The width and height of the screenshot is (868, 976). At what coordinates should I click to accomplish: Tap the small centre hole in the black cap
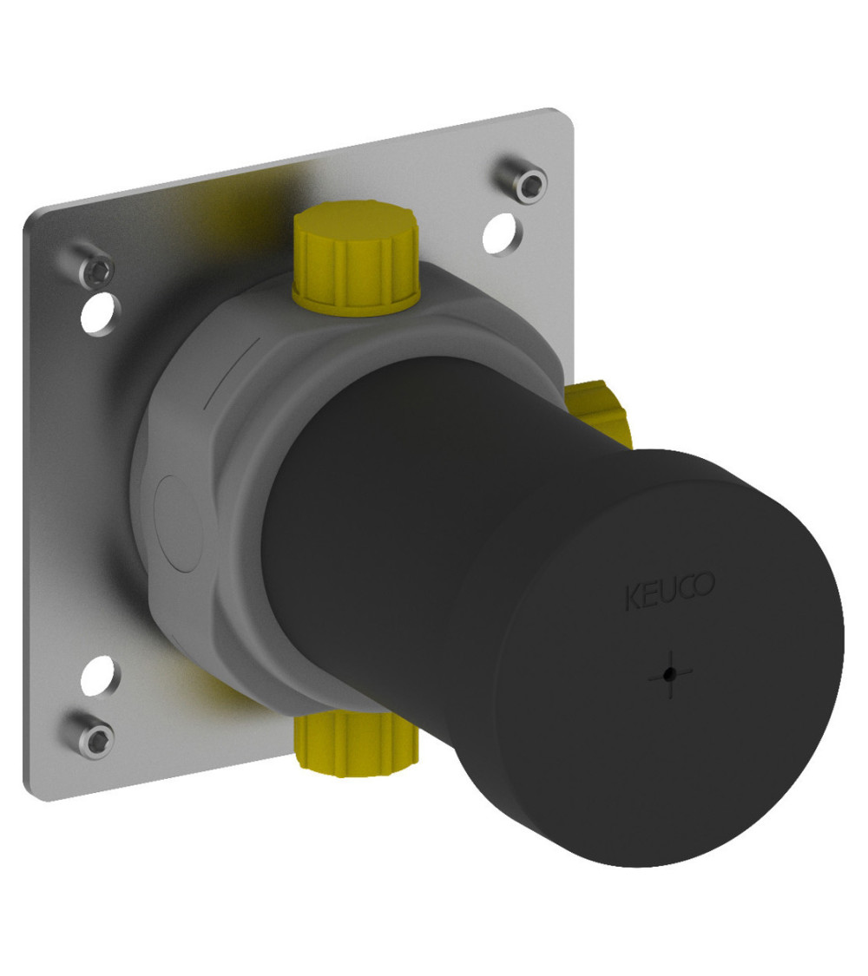pos(669,673)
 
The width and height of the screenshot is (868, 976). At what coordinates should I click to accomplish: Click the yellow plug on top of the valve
pos(356,259)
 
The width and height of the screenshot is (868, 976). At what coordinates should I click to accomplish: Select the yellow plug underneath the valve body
pos(357,744)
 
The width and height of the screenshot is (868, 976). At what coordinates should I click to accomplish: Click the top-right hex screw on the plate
pos(524,180)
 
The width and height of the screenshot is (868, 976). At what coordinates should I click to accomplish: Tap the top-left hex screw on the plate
pos(95,270)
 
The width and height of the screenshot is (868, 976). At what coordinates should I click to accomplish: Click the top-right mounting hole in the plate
pos(499,234)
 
